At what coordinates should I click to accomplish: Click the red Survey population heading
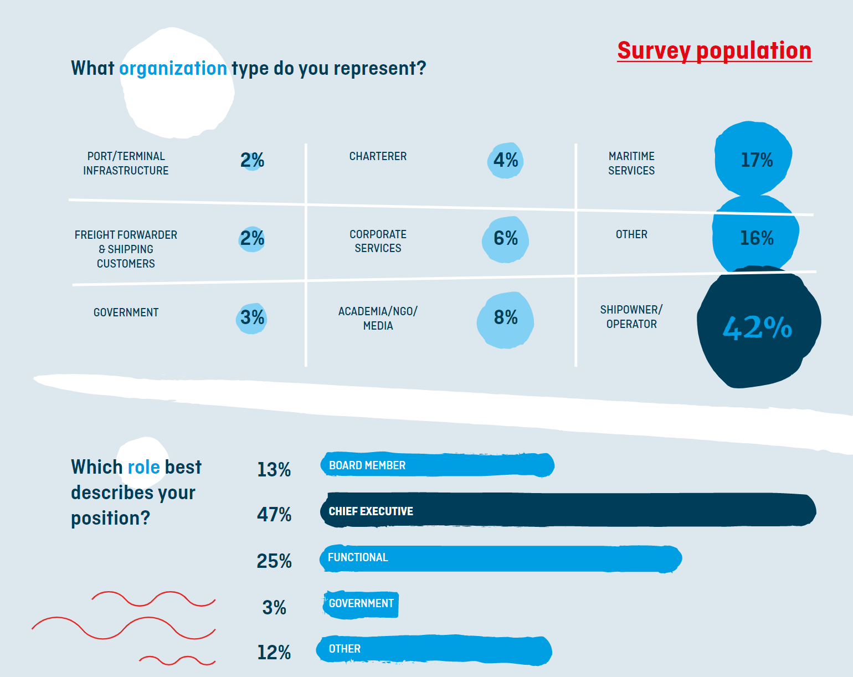click(714, 50)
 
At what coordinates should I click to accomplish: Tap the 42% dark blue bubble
click(757, 327)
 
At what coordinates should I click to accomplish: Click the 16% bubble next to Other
click(756, 238)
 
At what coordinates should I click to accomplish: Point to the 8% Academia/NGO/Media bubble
click(505, 319)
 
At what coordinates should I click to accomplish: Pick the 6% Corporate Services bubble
click(505, 239)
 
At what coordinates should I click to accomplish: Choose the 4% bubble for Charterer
click(505, 161)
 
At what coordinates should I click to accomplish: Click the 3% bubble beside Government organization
click(252, 318)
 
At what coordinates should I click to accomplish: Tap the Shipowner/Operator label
click(631, 317)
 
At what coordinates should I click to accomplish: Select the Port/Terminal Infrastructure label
click(126, 163)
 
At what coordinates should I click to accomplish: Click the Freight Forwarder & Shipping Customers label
click(126, 249)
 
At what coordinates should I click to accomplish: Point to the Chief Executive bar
click(568, 510)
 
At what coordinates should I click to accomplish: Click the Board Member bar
click(438, 465)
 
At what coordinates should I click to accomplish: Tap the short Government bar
click(361, 604)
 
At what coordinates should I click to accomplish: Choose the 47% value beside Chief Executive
click(274, 515)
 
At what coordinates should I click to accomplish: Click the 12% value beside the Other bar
click(274, 653)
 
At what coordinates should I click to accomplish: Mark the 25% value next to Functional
click(274, 561)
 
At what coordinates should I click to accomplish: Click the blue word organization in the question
click(173, 68)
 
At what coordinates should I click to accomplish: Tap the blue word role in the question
click(143, 467)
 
